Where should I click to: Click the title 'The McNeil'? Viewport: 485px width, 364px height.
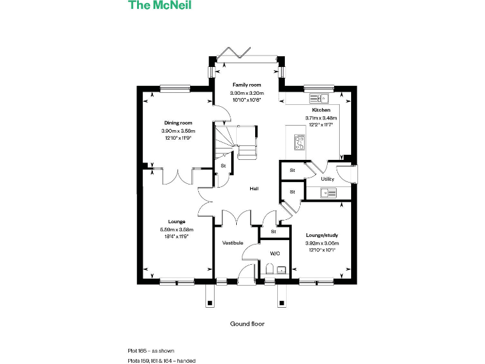pyautogui.click(x=160, y=6)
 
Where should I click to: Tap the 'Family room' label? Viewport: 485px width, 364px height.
pyautogui.click(x=246, y=85)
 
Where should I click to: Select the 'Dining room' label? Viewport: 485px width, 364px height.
pyautogui.click(x=177, y=123)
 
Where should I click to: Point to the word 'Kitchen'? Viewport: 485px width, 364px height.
pyautogui.click(x=321, y=110)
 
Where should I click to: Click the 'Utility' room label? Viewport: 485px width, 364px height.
pyautogui.click(x=327, y=179)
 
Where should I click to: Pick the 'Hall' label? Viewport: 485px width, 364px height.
pyautogui.click(x=254, y=188)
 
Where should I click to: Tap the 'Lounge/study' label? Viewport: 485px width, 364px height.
pyautogui.click(x=322, y=234)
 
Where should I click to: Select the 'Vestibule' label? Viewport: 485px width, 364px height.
pyautogui.click(x=232, y=243)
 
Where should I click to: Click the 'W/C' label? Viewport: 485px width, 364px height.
pyautogui.click(x=275, y=253)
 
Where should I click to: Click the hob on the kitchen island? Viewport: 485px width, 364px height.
pyautogui.click(x=299, y=143)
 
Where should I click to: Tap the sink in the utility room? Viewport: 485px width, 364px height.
pyautogui.click(x=328, y=193)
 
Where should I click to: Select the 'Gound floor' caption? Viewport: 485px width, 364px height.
pyautogui.click(x=247, y=324)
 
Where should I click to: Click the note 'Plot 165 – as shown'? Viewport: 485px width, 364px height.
pyautogui.click(x=151, y=350)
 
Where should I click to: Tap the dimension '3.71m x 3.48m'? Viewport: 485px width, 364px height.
pyautogui.click(x=321, y=118)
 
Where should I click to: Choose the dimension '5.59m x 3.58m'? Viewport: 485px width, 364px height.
pyautogui.click(x=177, y=229)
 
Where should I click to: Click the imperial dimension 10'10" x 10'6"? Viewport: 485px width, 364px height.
pyautogui.click(x=246, y=100)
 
